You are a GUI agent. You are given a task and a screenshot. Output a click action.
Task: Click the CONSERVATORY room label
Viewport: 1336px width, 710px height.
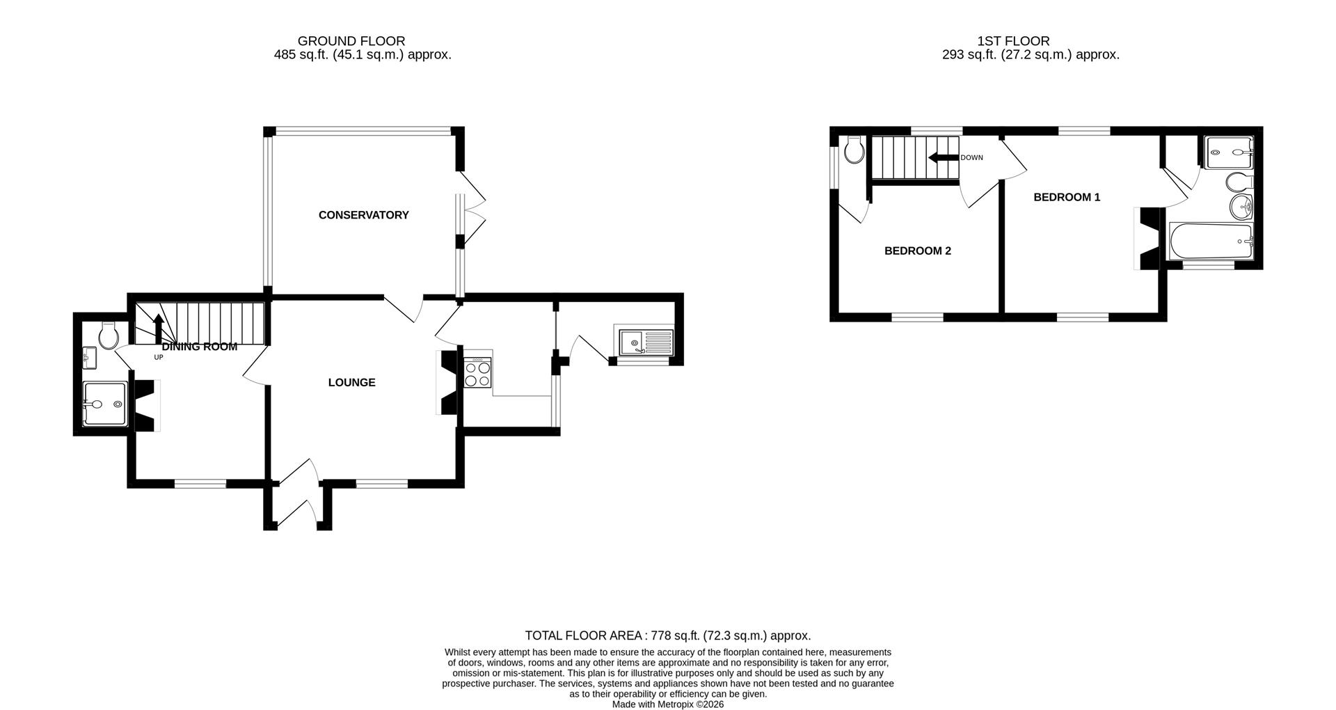click(363, 215)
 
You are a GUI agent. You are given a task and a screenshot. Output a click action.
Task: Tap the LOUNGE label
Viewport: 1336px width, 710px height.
click(351, 382)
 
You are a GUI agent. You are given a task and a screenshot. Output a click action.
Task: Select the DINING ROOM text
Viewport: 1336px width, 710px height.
click(199, 347)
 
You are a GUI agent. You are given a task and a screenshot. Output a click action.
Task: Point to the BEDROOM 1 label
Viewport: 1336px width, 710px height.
click(1067, 197)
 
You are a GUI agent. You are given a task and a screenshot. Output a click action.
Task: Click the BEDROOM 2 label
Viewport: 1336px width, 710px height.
click(917, 251)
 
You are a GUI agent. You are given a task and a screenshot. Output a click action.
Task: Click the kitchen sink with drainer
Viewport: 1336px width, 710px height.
click(644, 342)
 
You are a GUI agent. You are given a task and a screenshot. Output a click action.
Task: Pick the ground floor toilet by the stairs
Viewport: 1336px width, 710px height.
click(109, 336)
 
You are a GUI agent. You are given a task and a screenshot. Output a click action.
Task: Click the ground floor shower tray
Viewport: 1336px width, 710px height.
click(105, 404)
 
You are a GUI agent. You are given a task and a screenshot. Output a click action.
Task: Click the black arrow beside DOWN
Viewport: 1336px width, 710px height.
click(943, 158)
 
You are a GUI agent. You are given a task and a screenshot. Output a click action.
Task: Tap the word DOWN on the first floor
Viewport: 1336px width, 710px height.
click(971, 158)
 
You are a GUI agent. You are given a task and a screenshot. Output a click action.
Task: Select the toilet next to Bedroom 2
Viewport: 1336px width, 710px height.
click(854, 148)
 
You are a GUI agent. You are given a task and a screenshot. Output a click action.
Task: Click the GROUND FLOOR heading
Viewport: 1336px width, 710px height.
click(351, 41)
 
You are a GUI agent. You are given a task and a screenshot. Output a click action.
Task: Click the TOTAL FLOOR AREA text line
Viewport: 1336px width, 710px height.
click(667, 636)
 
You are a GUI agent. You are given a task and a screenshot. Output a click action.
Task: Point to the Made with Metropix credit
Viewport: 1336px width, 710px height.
click(667, 704)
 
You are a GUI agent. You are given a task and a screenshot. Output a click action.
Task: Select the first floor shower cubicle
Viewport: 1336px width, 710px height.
click(1230, 152)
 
